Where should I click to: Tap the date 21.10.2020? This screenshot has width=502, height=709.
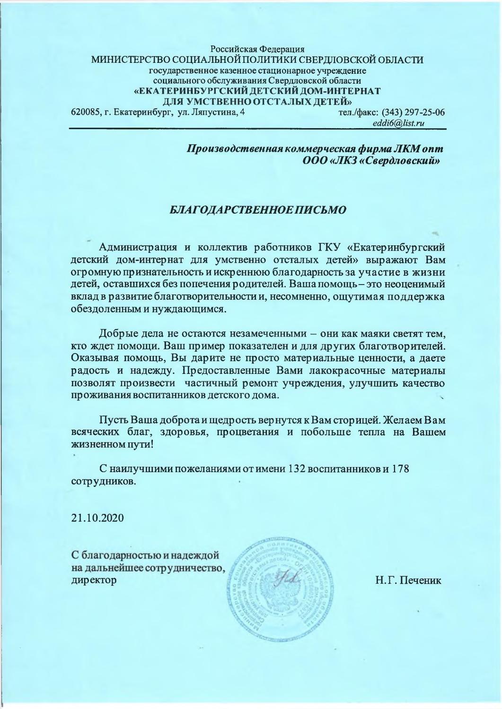(97, 518)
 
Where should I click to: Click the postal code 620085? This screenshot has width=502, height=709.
(84, 112)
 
